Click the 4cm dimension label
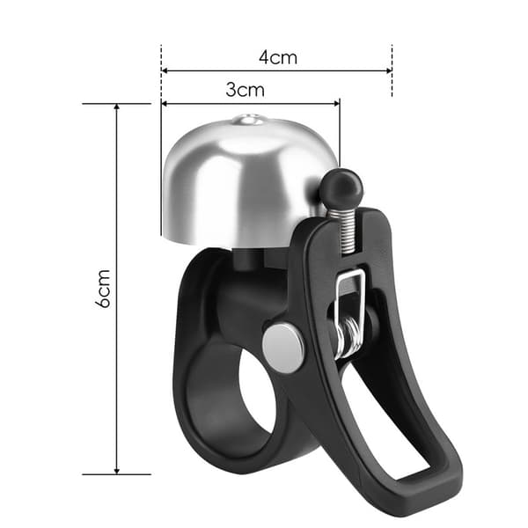point(278,57)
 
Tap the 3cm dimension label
point(246,90)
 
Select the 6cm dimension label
point(103,289)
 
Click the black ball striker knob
point(341,188)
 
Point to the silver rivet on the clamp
point(283,348)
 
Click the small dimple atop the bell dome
point(248,120)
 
